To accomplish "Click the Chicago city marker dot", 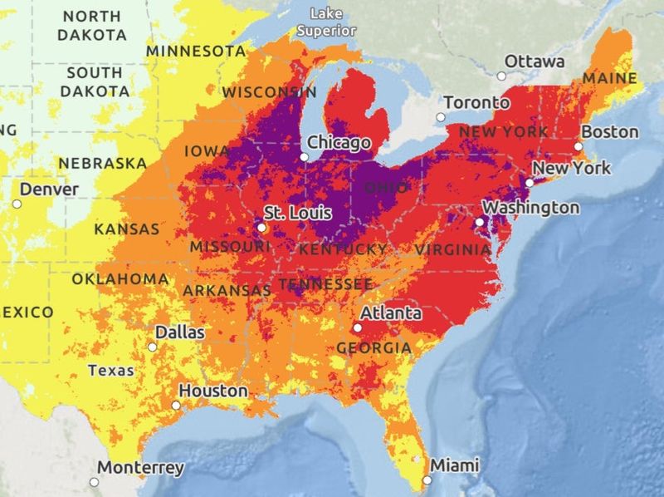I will click(x=305, y=156).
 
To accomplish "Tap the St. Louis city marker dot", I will click(x=261, y=226).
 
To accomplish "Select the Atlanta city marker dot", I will click(x=357, y=327).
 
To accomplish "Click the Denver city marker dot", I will click(x=17, y=204).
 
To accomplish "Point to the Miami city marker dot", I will click(x=427, y=480).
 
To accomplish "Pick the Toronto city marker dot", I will click(x=440, y=117).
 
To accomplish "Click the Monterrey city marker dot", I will click(x=94, y=481).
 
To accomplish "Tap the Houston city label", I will click(x=213, y=391).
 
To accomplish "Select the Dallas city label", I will click(x=179, y=332).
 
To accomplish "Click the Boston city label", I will click(x=610, y=132).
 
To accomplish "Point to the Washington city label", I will click(x=531, y=207).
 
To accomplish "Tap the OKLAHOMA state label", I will click(x=120, y=278).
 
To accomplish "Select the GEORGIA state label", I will click(x=373, y=347).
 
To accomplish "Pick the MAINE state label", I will click(x=610, y=79).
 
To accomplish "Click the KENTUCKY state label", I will click(x=343, y=249).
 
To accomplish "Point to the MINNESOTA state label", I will click(x=196, y=52).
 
